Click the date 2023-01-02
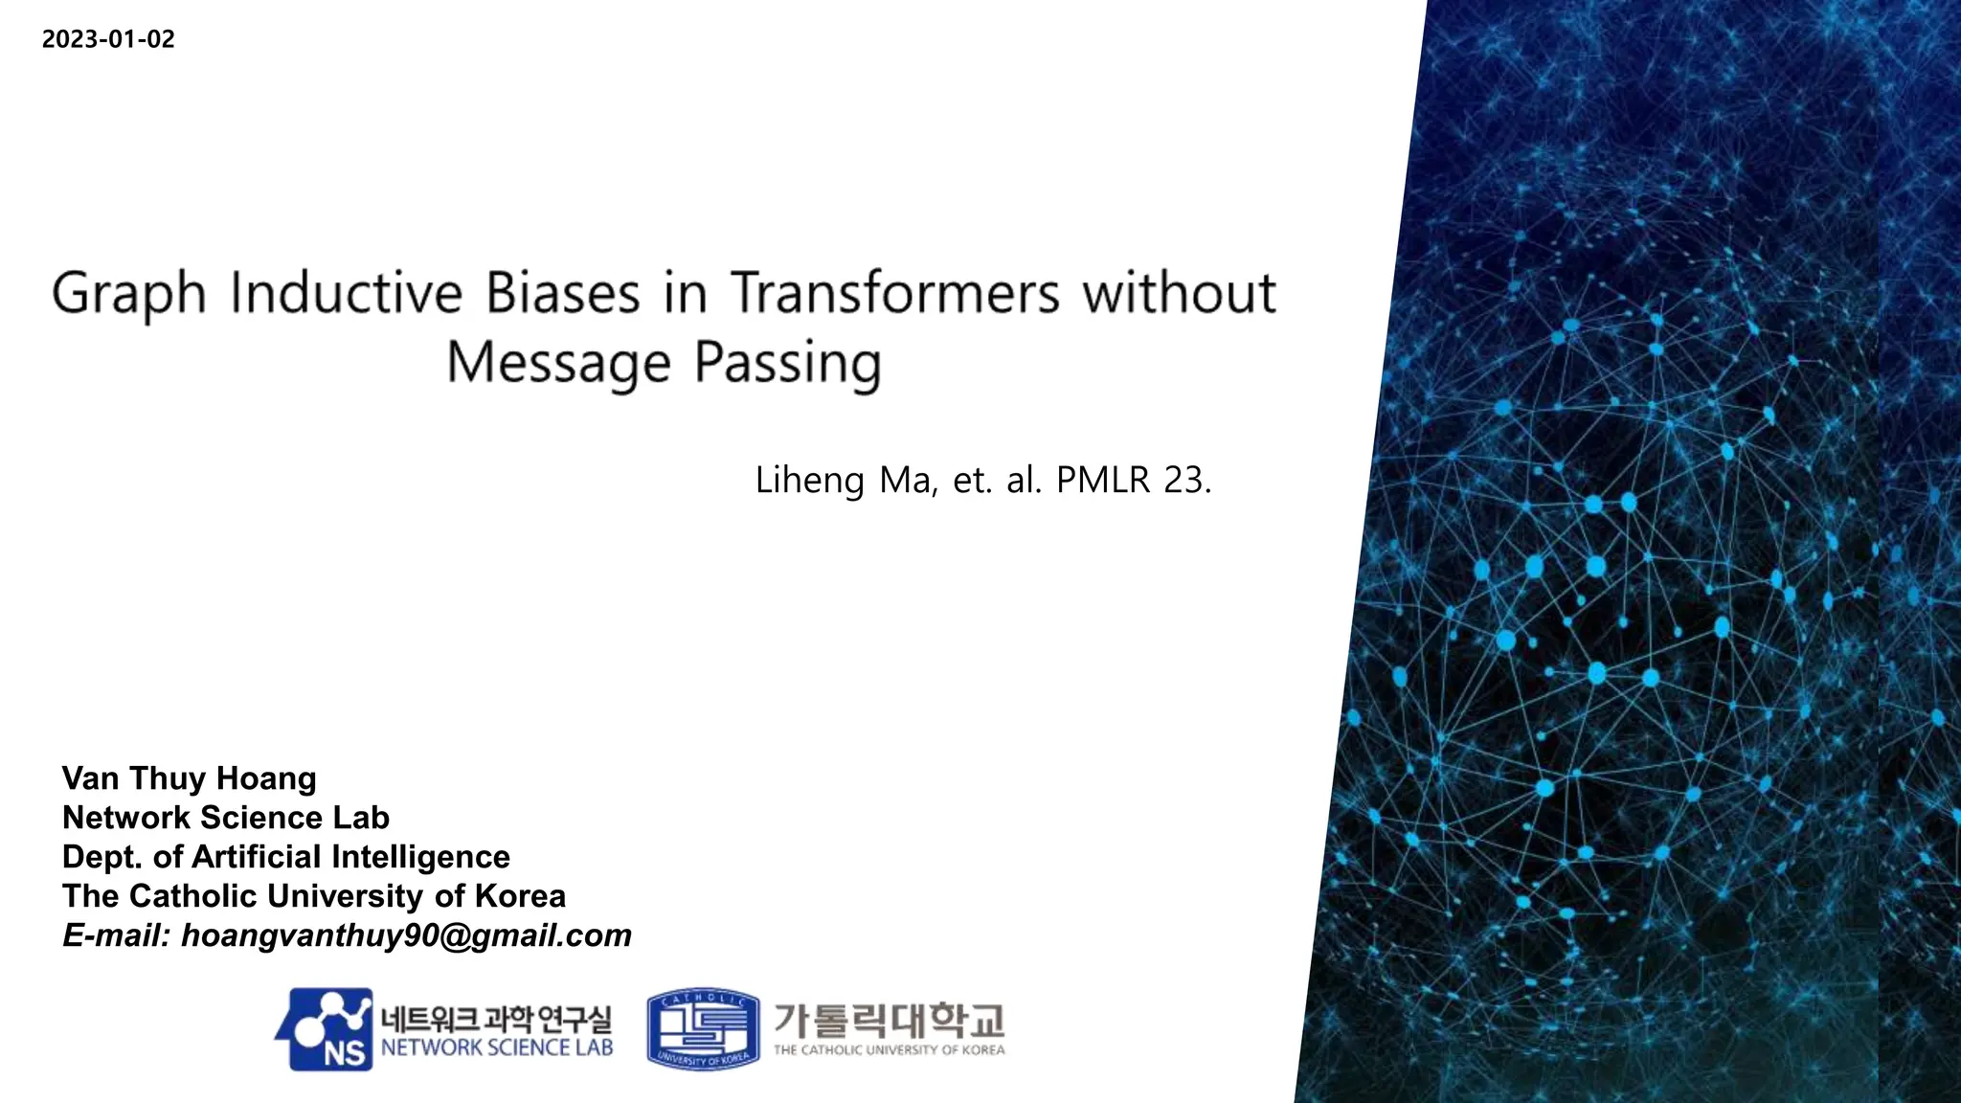(x=108, y=39)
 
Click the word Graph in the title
(x=128, y=294)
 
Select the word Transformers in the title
(x=894, y=292)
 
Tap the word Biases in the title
(x=562, y=292)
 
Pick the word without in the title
(x=1179, y=292)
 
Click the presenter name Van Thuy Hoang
(x=189, y=778)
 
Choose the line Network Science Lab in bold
(x=226, y=818)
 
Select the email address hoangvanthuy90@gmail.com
(x=406, y=935)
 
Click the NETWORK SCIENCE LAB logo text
(x=496, y=1047)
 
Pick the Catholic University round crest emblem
(x=703, y=1029)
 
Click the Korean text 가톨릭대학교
(x=889, y=1021)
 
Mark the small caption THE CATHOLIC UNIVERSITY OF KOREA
(x=889, y=1050)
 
